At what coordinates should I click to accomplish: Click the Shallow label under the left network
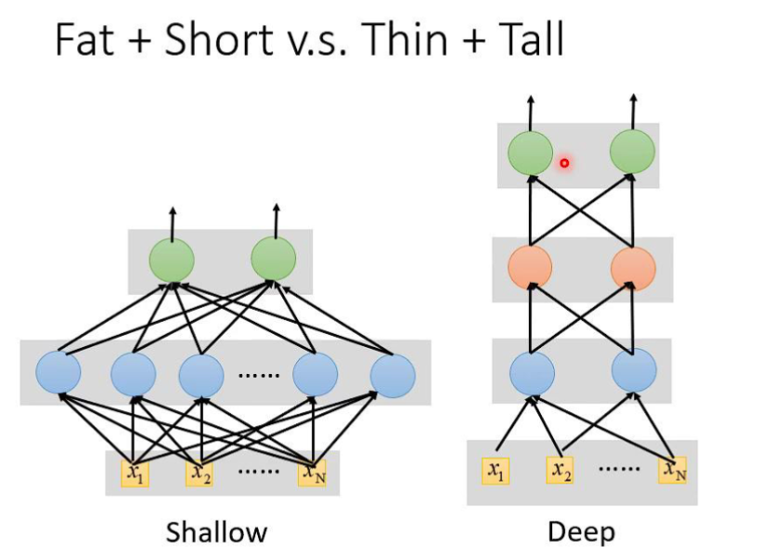click(x=216, y=532)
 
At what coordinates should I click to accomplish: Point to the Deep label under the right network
click(x=581, y=532)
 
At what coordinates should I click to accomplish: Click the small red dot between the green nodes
click(x=563, y=163)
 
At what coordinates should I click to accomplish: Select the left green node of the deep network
click(x=530, y=153)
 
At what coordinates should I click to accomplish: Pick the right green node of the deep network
click(x=633, y=153)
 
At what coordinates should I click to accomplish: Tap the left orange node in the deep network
click(x=530, y=267)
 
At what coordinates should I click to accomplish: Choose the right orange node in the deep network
click(x=633, y=267)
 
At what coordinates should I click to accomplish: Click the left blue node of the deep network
click(x=532, y=371)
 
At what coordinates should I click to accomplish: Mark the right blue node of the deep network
click(x=634, y=371)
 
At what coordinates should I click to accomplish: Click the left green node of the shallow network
click(x=172, y=259)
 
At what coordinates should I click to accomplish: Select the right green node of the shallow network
click(x=273, y=259)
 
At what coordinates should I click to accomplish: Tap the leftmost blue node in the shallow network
click(x=58, y=373)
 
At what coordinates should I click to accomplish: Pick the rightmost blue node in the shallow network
click(x=392, y=374)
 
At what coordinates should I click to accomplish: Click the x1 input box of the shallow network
click(x=135, y=472)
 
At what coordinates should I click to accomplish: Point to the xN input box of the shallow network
click(x=312, y=472)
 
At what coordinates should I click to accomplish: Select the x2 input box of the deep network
click(x=560, y=471)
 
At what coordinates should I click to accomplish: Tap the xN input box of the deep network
click(x=675, y=471)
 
